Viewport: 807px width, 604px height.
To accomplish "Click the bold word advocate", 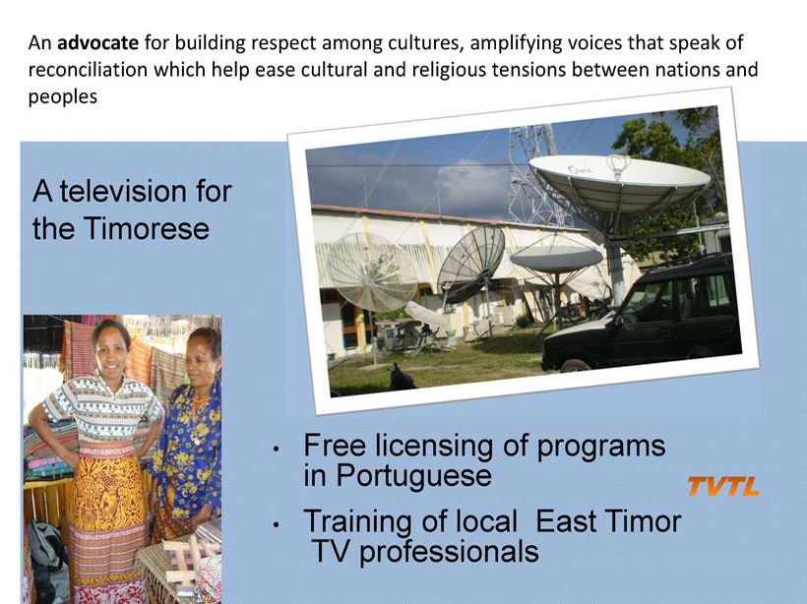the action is coord(97,42).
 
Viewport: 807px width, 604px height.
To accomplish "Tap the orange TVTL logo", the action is coord(723,486).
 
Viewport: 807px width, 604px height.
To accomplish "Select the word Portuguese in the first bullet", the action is coord(413,475).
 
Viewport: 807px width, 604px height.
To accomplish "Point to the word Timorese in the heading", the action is coord(147,228).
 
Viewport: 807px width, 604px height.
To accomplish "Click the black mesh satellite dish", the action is coord(470,260).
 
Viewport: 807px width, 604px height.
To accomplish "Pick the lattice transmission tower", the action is coord(534,175).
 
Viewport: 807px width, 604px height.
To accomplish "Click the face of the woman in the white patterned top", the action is coord(111,350).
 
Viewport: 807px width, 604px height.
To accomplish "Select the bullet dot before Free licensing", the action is coord(277,449).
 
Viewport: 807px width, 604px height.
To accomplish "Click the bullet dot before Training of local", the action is coord(277,524).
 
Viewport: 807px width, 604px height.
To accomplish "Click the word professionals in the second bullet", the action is coord(449,552).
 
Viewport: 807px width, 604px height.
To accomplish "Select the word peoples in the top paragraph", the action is coord(63,97).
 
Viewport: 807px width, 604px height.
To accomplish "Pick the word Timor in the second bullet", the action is coord(644,521).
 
